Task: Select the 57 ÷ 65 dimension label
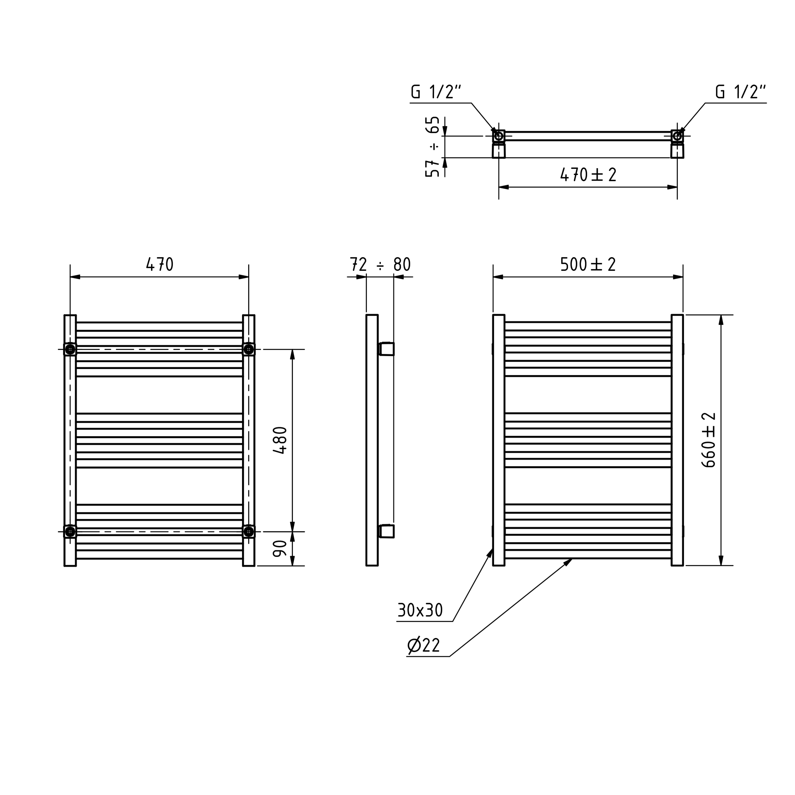(x=432, y=147)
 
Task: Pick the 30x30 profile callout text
(x=420, y=610)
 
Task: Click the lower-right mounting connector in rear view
(x=248, y=532)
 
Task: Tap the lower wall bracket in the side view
(x=386, y=531)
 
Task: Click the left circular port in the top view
(x=499, y=136)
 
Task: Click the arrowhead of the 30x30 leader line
(x=490, y=552)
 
